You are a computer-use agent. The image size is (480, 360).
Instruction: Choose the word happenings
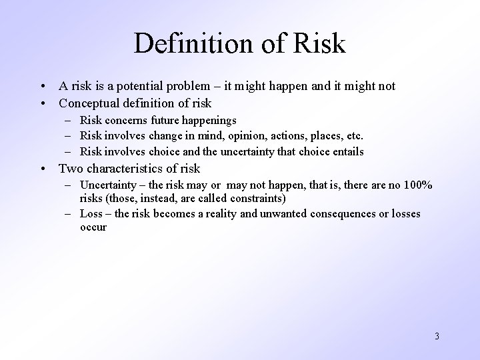point(213,121)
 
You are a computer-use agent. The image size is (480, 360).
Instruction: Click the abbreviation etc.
point(353,136)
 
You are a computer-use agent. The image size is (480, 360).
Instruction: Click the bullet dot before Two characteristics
point(43,169)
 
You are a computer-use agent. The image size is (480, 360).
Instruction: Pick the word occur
point(93,227)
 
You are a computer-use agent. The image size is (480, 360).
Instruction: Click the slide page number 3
point(436,336)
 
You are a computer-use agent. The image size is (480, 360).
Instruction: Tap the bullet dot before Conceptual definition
point(43,104)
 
